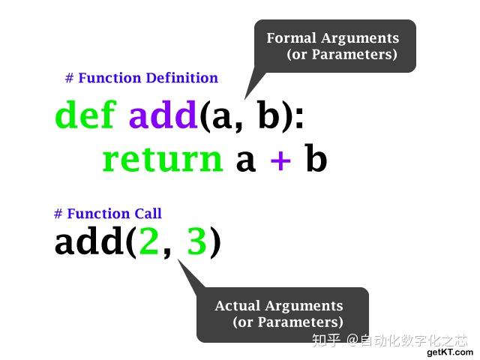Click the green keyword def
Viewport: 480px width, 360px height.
click(85, 115)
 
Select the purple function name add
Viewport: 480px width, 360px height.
click(163, 115)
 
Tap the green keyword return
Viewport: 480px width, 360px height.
click(162, 160)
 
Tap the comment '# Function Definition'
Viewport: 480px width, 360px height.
click(142, 78)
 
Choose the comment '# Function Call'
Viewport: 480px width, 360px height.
click(108, 214)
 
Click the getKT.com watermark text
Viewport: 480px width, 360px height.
click(450, 352)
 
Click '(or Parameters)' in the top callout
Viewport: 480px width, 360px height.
click(341, 55)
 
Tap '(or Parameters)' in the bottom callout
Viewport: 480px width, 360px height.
click(288, 322)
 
